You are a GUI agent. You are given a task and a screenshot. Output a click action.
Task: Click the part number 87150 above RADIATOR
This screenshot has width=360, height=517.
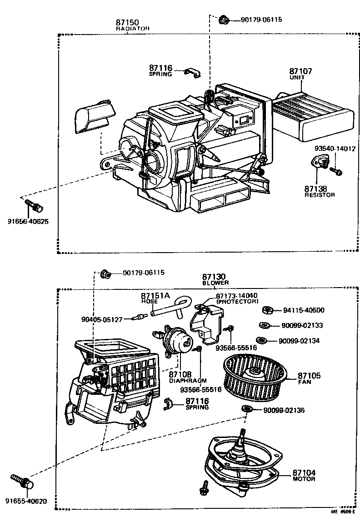click(x=127, y=22)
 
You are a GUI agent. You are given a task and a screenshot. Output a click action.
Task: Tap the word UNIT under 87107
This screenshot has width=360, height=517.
click(x=297, y=77)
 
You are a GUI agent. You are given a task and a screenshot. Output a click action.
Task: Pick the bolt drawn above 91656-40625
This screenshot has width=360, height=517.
click(x=33, y=205)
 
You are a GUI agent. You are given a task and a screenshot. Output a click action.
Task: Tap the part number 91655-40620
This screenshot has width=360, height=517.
click(x=26, y=502)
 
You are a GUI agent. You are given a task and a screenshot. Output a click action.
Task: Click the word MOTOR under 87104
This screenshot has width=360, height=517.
click(x=304, y=479)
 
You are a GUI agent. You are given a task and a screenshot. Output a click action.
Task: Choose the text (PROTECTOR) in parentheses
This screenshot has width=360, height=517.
click(x=237, y=301)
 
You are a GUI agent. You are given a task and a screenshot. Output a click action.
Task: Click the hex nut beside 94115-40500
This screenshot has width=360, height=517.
click(x=267, y=310)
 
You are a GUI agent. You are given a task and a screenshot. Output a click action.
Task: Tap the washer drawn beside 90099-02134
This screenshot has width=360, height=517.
click(x=261, y=340)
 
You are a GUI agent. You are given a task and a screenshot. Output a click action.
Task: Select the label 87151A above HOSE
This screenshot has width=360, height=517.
click(x=155, y=295)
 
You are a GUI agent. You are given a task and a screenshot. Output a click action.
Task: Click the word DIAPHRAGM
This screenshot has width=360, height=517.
click(x=188, y=381)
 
